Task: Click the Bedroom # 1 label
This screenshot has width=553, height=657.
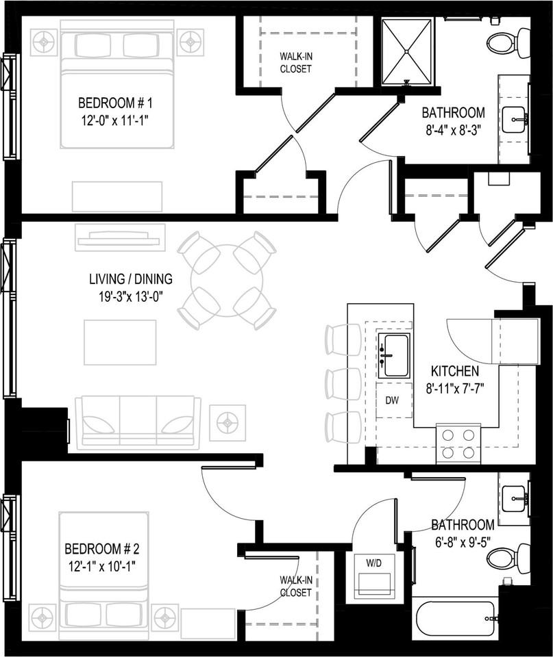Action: [x=114, y=103]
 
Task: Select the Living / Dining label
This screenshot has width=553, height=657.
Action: [x=130, y=279]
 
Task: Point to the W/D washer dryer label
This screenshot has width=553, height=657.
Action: [x=374, y=563]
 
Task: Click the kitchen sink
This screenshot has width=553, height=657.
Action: [x=395, y=355]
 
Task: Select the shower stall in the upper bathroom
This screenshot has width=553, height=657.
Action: [x=408, y=51]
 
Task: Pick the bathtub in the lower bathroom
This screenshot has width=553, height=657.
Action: [x=456, y=619]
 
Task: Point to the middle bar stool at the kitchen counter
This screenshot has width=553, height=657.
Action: [x=343, y=384]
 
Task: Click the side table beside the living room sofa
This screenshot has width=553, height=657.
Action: [x=227, y=423]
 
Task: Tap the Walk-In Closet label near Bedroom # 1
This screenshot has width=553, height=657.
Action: [x=295, y=63]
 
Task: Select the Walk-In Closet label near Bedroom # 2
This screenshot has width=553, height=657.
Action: [x=295, y=587]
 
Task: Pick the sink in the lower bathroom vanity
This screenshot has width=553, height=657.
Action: [x=514, y=498]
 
